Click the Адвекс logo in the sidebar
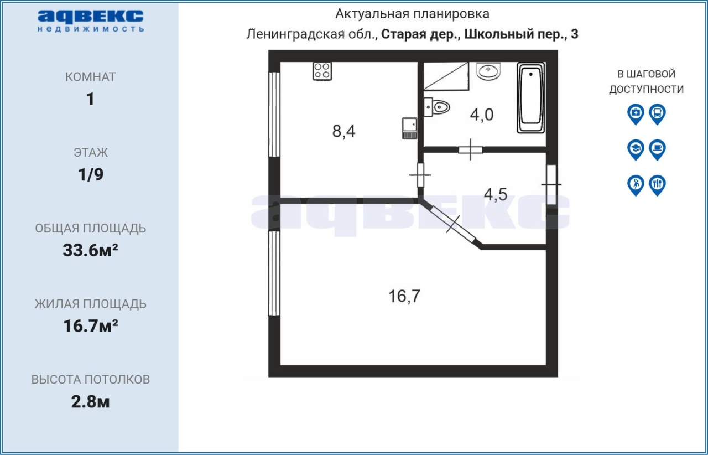point(91,21)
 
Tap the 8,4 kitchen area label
point(343,131)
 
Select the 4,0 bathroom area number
point(482,114)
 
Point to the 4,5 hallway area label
point(496,194)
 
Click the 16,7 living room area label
point(404,296)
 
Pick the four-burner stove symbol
point(322,71)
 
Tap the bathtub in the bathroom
point(531,98)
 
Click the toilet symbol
point(437,107)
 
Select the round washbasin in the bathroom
point(488,71)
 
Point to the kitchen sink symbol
point(410,128)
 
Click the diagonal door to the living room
point(453,224)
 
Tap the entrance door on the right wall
point(551,185)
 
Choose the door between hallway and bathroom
point(471,149)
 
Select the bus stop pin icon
point(658,114)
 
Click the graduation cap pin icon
point(636,149)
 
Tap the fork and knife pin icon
point(658,185)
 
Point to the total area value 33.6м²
point(90,250)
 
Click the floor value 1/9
point(91,174)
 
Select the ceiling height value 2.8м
point(90,402)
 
